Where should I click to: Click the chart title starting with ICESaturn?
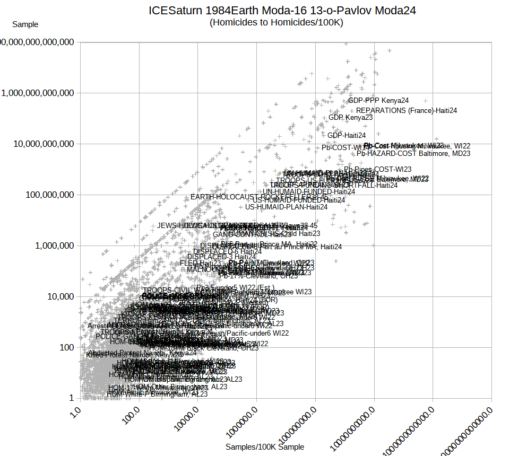282,10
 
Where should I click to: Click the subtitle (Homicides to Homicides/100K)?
277,22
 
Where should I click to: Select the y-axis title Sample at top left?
25,24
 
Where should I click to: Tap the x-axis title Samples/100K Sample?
265,447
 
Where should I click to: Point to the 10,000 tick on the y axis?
58,296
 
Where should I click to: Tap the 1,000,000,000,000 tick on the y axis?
38,93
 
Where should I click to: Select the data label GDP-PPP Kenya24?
378,100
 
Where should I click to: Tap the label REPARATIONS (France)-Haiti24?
407,110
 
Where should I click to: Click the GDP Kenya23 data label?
350,117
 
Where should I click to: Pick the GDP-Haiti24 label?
347,135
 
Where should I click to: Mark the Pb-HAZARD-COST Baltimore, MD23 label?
413,153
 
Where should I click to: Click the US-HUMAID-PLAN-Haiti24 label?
286,207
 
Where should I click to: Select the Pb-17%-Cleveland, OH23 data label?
258,276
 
